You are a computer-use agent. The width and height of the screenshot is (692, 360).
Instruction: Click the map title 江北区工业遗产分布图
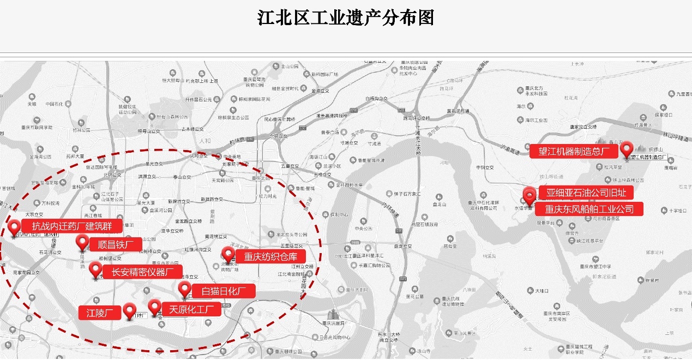coord(346,17)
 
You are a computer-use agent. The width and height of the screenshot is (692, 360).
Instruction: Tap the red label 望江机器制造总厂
coord(574,151)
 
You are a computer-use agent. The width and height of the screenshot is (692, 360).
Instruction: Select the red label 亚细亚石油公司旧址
coord(586,193)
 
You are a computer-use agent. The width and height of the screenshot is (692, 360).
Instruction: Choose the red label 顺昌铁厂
coord(115,244)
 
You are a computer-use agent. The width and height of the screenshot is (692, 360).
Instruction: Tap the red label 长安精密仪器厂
coord(143,272)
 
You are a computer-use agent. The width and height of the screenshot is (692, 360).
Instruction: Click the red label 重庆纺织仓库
coord(270,256)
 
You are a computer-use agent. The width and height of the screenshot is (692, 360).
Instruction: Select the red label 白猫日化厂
coord(224,291)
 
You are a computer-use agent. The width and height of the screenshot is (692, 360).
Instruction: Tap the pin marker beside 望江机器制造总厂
coord(627,148)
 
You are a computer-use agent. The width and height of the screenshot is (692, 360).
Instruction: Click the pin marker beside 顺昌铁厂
coord(82,242)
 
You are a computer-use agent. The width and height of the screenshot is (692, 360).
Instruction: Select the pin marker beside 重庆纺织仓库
coord(227,254)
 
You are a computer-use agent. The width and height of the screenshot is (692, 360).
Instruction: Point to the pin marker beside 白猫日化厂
coord(185,289)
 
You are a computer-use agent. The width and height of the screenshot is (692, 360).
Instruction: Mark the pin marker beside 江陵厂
coord(129,310)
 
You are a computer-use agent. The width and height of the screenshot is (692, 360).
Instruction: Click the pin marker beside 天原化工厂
coord(155,307)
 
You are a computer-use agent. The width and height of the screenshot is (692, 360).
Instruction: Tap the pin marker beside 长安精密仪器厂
coord(95,269)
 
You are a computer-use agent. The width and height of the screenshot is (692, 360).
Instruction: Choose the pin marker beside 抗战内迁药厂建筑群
coord(14,227)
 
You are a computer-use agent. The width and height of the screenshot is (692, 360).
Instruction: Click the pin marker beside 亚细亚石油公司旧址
coord(529,194)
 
